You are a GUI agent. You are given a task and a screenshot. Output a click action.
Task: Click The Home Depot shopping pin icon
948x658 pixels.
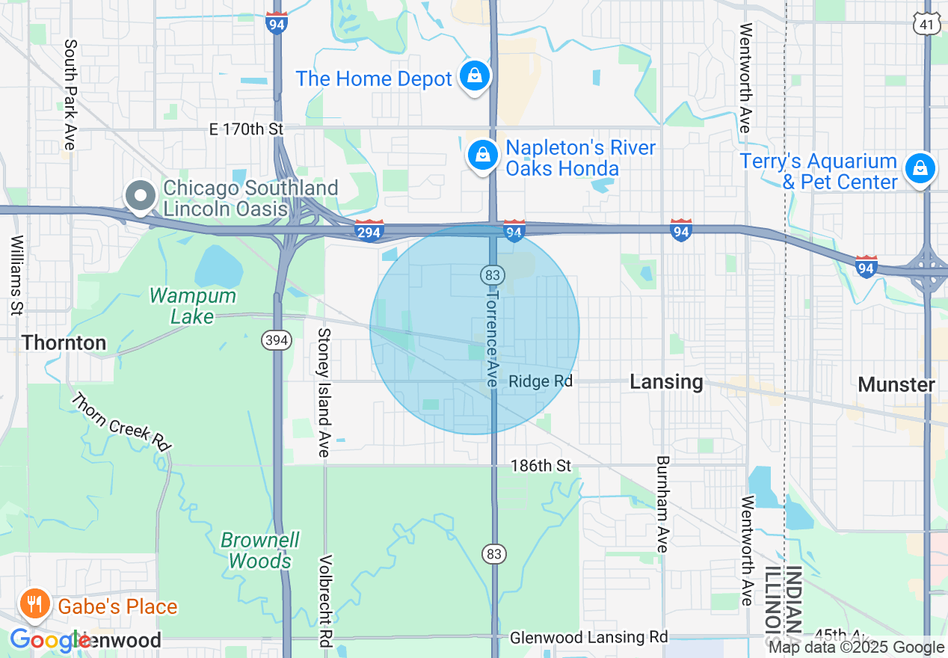click(x=475, y=76)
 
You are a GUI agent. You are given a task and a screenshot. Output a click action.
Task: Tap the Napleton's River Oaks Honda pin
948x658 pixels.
click(x=483, y=156)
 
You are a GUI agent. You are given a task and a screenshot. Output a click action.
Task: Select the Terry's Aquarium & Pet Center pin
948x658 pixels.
click(x=920, y=169)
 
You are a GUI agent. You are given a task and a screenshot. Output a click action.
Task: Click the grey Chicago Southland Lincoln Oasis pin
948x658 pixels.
click(x=140, y=197)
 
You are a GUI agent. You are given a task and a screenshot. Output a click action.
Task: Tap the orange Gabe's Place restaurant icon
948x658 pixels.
click(x=34, y=604)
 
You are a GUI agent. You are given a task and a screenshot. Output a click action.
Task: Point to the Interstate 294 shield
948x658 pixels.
click(x=369, y=231)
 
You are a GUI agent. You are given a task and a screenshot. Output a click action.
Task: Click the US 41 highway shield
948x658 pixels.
click(x=926, y=24)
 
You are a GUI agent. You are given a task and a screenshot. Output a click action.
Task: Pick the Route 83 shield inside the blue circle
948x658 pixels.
click(x=490, y=275)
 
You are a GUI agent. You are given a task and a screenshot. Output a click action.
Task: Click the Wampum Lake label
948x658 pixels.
click(x=193, y=306)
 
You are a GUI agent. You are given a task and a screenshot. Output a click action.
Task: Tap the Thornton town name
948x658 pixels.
click(x=64, y=343)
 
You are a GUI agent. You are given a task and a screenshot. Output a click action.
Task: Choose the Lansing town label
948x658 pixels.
click(x=666, y=382)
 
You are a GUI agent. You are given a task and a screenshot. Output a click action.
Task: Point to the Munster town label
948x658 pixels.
click(x=896, y=384)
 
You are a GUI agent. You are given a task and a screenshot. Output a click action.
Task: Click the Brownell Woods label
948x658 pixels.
click(x=260, y=550)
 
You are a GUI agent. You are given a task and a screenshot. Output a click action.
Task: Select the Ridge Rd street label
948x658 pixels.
click(x=541, y=381)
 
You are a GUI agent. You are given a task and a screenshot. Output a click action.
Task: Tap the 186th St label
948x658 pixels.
click(x=541, y=466)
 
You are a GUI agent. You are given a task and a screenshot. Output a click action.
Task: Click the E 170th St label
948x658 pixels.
click(x=246, y=129)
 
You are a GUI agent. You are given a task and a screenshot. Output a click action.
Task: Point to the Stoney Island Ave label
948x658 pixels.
click(x=324, y=392)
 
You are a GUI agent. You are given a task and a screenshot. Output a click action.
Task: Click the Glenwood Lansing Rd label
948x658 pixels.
click(x=589, y=638)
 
